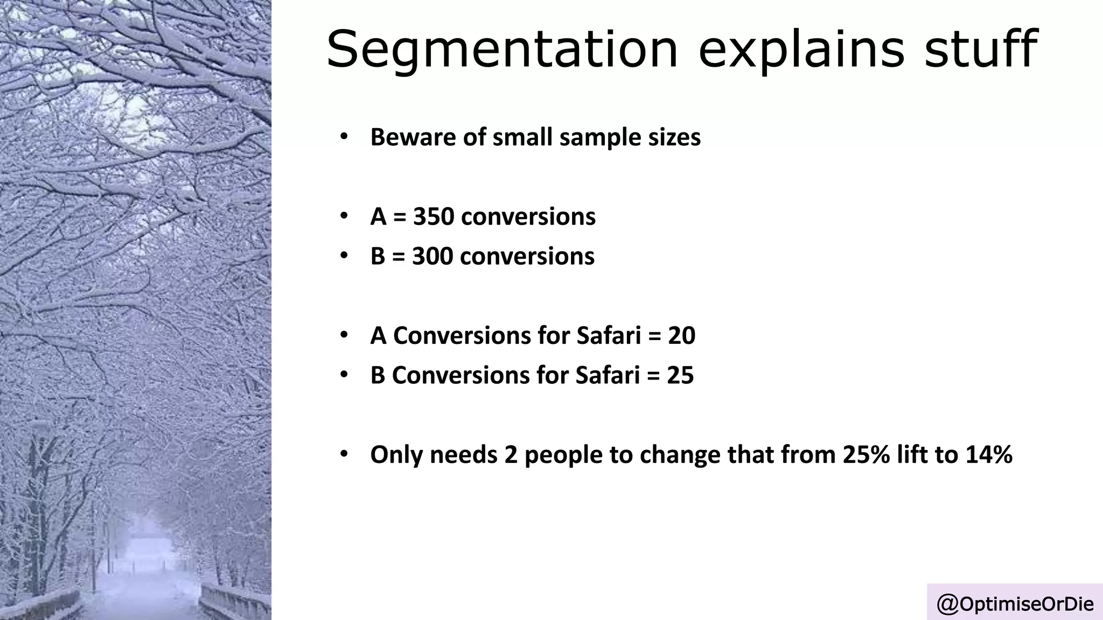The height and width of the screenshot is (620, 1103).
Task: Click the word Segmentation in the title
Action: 501,50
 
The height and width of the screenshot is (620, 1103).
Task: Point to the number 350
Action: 434,217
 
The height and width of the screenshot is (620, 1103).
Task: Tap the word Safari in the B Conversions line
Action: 607,375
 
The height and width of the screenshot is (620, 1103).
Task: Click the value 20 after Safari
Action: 681,336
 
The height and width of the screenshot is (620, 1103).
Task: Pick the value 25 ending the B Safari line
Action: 680,375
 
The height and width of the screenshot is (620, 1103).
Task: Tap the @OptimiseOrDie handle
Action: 1015,604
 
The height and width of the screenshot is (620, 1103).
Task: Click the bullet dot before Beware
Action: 344,137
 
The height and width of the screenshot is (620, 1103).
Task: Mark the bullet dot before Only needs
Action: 344,454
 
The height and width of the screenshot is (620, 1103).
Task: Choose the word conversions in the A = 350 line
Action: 528,217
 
